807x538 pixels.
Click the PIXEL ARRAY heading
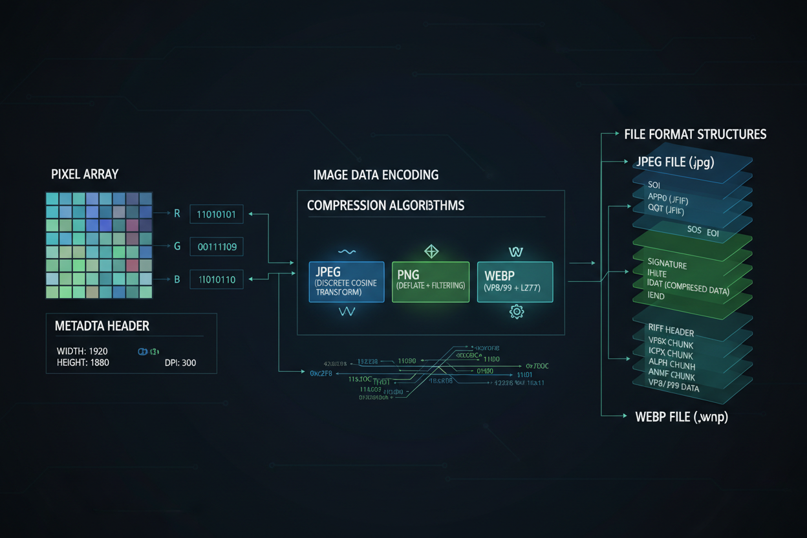point(84,175)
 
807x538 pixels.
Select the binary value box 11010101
point(217,214)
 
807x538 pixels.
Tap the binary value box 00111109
point(217,246)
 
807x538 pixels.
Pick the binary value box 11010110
point(217,280)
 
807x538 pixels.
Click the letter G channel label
point(177,246)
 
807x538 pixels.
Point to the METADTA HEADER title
point(102,327)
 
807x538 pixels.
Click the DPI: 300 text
point(180,363)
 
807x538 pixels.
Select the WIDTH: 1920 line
point(82,351)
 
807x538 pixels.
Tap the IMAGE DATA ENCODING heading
point(376,175)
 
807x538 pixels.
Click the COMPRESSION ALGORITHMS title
point(385,206)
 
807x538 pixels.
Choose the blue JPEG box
point(347,282)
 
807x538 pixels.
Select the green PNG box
point(431,282)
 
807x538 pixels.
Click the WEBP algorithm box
point(515,282)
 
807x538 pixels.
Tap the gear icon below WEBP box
point(517,312)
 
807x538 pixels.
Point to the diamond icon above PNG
point(431,251)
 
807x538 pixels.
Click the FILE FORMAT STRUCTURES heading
point(695,134)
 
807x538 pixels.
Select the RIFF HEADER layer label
point(671,332)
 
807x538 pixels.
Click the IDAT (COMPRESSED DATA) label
point(688,288)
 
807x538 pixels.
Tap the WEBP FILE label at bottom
point(682,417)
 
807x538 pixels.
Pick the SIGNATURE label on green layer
point(667,264)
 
